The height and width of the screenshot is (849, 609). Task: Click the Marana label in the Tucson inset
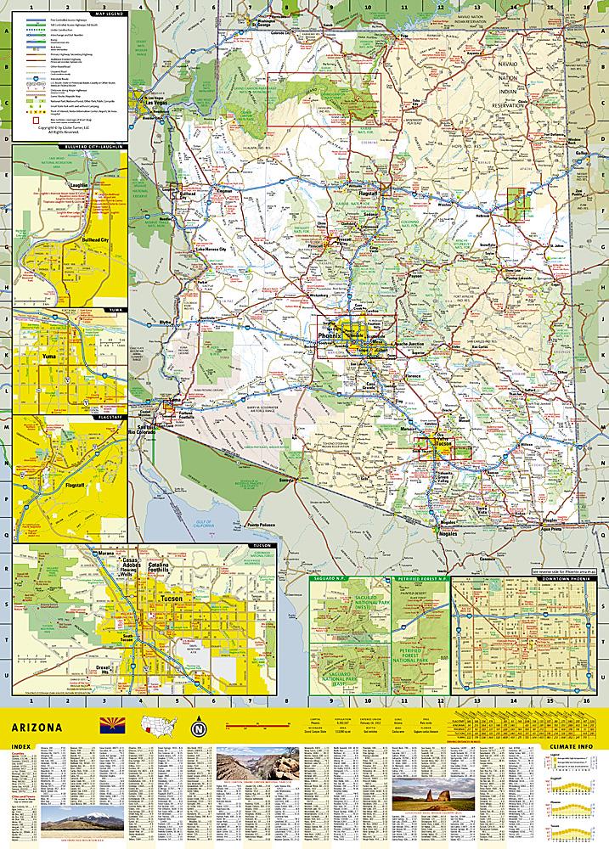(x=106, y=554)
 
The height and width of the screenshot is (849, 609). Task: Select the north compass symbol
(x=200, y=728)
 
